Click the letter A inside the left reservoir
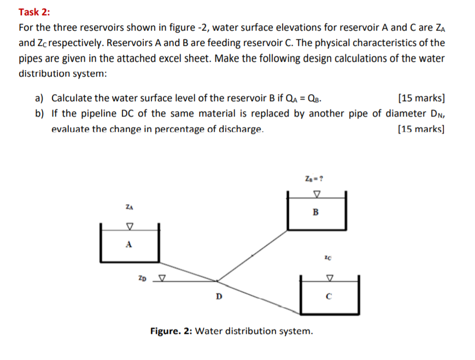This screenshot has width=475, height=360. [x=129, y=245]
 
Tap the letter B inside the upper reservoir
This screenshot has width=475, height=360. [x=315, y=213]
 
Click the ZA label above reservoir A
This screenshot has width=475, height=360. [x=129, y=207]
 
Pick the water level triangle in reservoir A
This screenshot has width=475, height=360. [x=130, y=226]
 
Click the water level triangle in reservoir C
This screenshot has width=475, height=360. [x=329, y=278]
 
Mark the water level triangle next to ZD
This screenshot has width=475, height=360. [x=161, y=278]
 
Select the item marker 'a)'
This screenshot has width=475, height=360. [x=39, y=98]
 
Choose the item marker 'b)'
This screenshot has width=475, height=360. [x=39, y=114]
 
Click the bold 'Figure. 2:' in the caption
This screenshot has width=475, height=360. [x=171, y=331]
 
